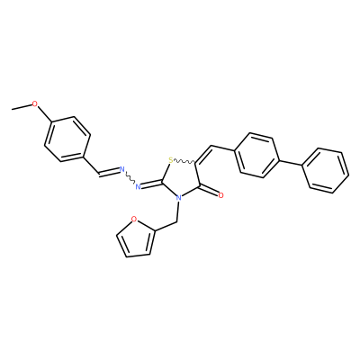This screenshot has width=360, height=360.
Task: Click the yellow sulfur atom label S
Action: pos(171,160)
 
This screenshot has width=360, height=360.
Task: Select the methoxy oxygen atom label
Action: pos(35,104)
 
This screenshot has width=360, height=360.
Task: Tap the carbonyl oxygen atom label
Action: pos(221,195)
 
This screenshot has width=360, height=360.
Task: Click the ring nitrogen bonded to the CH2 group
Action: pos(179,198)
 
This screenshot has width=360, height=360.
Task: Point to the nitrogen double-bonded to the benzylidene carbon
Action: pos(122,169)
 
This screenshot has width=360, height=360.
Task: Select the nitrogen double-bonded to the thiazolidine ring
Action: pos(139,187)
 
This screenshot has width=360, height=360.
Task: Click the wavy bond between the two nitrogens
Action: pos(130,178)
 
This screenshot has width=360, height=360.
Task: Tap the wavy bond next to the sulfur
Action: pos(184,162)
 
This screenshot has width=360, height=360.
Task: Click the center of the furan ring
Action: pos(136,239)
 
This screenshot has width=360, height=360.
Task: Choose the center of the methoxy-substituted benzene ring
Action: pos(67,139)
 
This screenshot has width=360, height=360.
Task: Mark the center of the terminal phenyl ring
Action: pos(325,170)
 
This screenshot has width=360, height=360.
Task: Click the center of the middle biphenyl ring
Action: pos(257,156)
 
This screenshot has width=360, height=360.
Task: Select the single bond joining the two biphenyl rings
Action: pos(292,163)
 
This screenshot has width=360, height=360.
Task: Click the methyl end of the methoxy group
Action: pos(12,110)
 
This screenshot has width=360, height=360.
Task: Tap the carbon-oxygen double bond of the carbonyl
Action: pos(209,191)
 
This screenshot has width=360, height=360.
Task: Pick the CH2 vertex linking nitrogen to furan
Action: pos(177,222)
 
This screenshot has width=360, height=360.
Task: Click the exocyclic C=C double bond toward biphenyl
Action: pos(204,155)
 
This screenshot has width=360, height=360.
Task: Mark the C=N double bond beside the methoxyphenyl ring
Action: pos(109,171)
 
